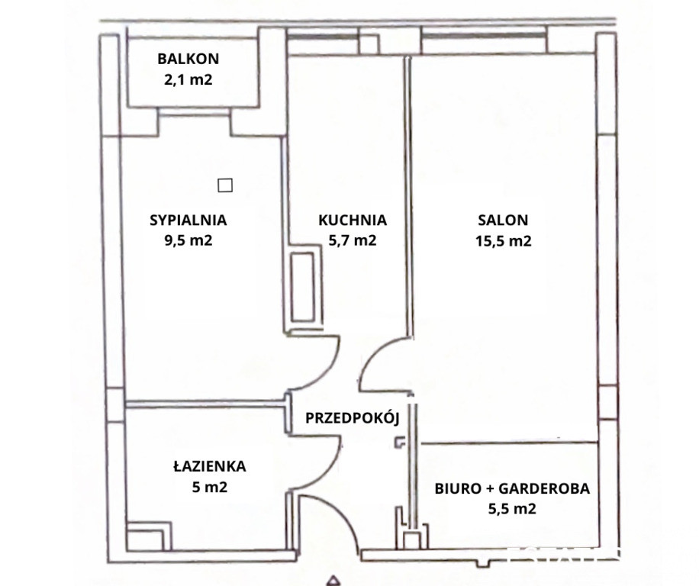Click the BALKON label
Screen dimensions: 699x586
coord(188,59)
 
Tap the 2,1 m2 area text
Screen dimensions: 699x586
coord(188,80)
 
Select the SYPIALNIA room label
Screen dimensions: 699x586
coord(188,221)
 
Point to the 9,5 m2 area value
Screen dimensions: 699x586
coord(188,240)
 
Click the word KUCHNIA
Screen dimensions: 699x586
coord(353,221)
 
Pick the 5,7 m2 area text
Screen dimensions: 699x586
coord(353,240)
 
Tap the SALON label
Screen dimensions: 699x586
coord(503,221)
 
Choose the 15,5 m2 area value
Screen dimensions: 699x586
coord(503,241)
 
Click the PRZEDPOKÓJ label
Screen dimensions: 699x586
coord(353,417)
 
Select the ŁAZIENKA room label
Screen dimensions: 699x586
coord(210,466)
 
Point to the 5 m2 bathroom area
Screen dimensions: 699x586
coord(210,487)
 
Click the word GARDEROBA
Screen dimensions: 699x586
coord(544,489)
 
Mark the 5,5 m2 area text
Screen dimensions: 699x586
coord(512,509)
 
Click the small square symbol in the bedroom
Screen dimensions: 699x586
coord(225,185)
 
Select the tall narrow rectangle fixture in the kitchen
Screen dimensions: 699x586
coord(303,288)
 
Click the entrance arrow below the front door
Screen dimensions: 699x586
coord(332,580)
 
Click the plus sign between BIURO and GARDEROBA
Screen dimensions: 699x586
coord(490,489)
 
